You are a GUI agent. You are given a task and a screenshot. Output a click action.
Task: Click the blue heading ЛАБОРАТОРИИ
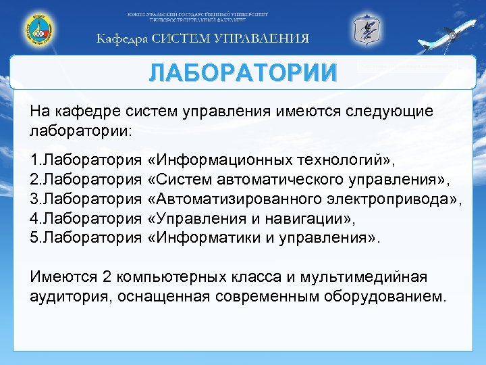[x=242, y=71]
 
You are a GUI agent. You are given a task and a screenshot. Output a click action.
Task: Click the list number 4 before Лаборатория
[x=35, y=219]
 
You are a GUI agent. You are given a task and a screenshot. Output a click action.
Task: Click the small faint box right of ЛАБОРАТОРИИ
[x=408, y=66]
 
